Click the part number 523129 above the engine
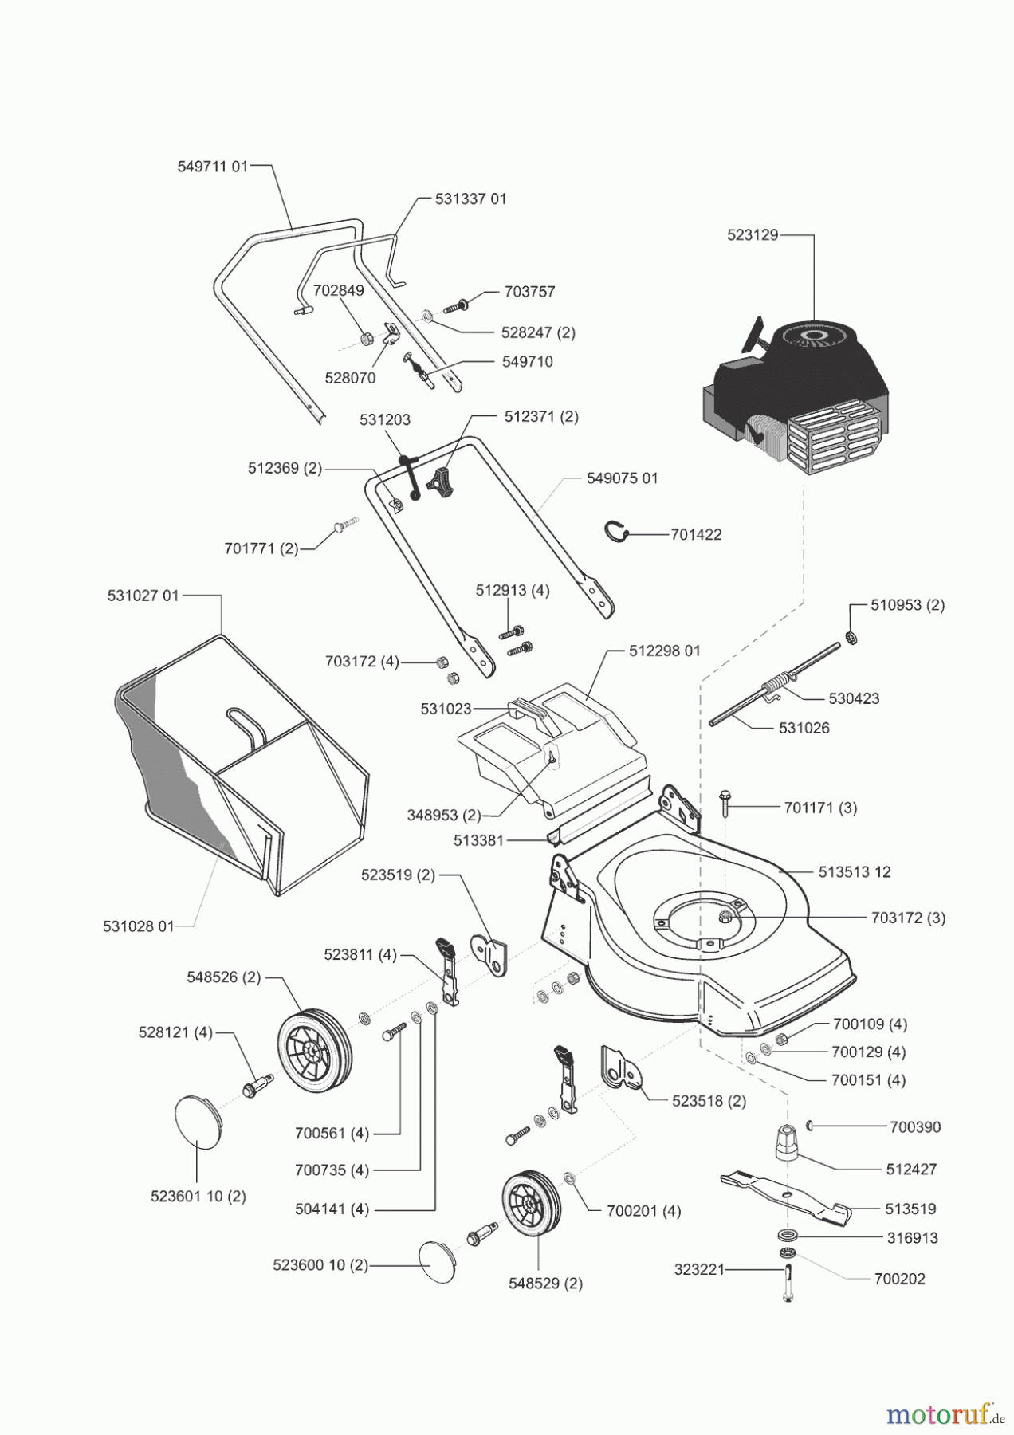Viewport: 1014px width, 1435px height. [x=752, y=235]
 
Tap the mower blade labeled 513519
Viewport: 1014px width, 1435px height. [x=785, y=1197]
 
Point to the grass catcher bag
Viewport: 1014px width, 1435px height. [x=239, y=765]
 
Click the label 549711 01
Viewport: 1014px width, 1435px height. [x=212, y=167]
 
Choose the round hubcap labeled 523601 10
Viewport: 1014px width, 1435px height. [x=198, y=1121]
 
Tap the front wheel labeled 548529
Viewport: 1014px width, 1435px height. [x=530, y=1204]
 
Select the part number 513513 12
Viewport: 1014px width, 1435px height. [x=855, y=871]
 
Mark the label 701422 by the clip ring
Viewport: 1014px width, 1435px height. [x=696, y=534]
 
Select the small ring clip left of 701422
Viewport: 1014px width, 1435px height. [x=616, y=530]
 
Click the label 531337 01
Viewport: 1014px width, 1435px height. [x=470, y=199]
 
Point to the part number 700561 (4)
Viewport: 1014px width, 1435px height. [x=332, y=1132]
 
